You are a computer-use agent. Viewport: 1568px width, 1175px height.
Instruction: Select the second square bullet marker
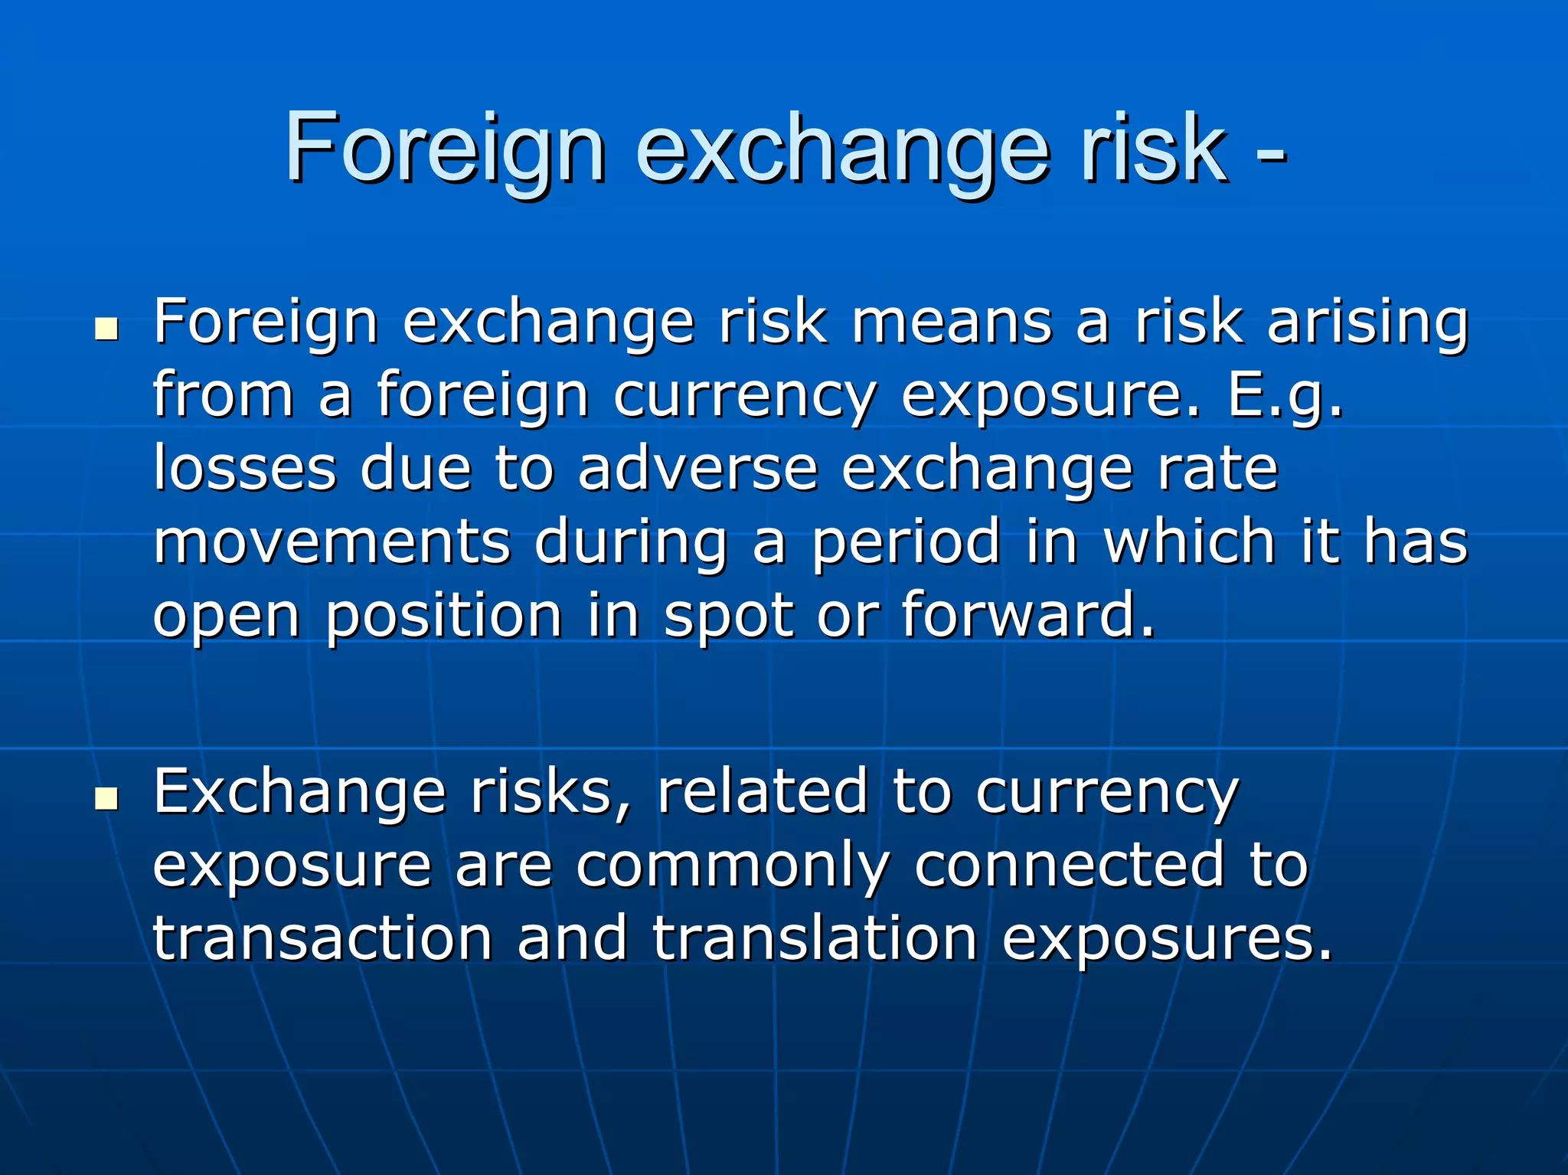107,799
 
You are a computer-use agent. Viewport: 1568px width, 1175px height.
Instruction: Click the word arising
1367,323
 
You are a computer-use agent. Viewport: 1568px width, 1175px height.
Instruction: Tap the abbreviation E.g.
1285,397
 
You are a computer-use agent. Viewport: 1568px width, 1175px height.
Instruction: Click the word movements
332,542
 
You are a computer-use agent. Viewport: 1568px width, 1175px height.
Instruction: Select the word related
763,792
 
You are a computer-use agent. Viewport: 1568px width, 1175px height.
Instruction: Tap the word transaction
322,939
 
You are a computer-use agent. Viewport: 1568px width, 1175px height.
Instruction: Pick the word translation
815,939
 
